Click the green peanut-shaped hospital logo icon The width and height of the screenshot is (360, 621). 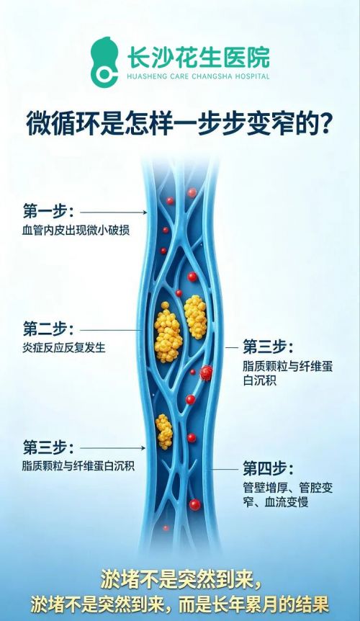104,62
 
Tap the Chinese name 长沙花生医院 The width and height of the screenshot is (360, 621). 198,57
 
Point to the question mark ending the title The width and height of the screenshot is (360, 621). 325,123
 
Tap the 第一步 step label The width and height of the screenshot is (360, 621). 48,211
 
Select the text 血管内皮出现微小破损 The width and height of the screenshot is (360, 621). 76,230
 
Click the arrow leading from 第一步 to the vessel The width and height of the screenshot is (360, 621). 114,213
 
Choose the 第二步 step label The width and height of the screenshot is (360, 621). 48,329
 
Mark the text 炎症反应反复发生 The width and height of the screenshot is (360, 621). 64,347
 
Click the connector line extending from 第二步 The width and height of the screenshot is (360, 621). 111,330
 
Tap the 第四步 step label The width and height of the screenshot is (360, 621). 269,468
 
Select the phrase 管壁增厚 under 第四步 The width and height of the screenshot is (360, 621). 264,488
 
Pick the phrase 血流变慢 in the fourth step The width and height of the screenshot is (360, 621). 287,503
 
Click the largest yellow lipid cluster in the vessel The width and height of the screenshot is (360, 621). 168,333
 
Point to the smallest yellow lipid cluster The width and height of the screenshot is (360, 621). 164,432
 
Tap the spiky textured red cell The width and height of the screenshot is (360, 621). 206,372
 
